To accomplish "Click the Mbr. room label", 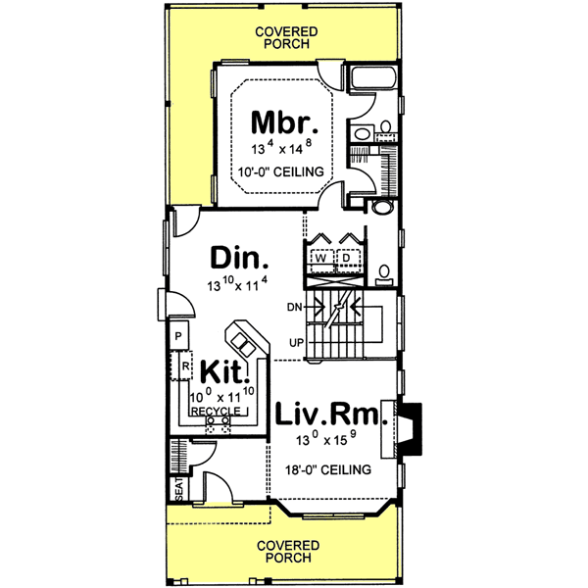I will pos(283,122).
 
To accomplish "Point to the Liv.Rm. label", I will pos(330,416).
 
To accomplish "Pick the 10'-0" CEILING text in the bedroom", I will pos(283,171).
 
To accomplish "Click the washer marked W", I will pos(320,259).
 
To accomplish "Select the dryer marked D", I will pos(346,259).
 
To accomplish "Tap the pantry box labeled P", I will pos(178,336).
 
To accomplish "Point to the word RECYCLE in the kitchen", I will pos(215,413).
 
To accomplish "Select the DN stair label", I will pos(293,307).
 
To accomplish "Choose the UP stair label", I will pos(294,342).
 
